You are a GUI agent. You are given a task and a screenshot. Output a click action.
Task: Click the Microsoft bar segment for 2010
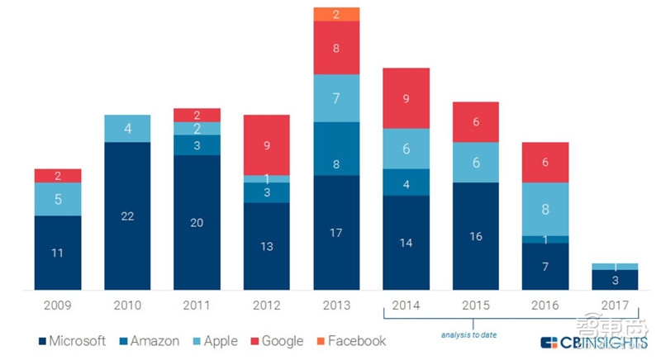(x=127, y=216)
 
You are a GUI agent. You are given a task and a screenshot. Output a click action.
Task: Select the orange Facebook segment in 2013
(x=336, y=14)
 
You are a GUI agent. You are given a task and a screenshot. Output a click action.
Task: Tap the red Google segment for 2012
(x=267, y=144)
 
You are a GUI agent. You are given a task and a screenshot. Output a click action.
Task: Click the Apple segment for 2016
(x=545, y=209)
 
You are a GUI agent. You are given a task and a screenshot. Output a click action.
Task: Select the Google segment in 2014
(x=406, y=98)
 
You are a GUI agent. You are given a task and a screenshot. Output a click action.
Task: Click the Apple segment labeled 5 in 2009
(x=57, y=199)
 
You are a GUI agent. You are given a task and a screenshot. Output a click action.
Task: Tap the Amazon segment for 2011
(x=197, y=145)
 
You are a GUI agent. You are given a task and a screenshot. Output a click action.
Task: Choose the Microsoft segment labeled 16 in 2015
(x=476, y=236)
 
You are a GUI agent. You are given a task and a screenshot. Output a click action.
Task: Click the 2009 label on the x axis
(x=57, y=306)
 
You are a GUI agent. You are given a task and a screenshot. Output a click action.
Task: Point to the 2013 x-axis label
(x=336, y=306)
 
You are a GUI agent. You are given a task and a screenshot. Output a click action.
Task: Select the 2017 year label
(x=616, y=306)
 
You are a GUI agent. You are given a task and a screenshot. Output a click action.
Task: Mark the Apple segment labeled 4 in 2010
(x=127, y=129)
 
